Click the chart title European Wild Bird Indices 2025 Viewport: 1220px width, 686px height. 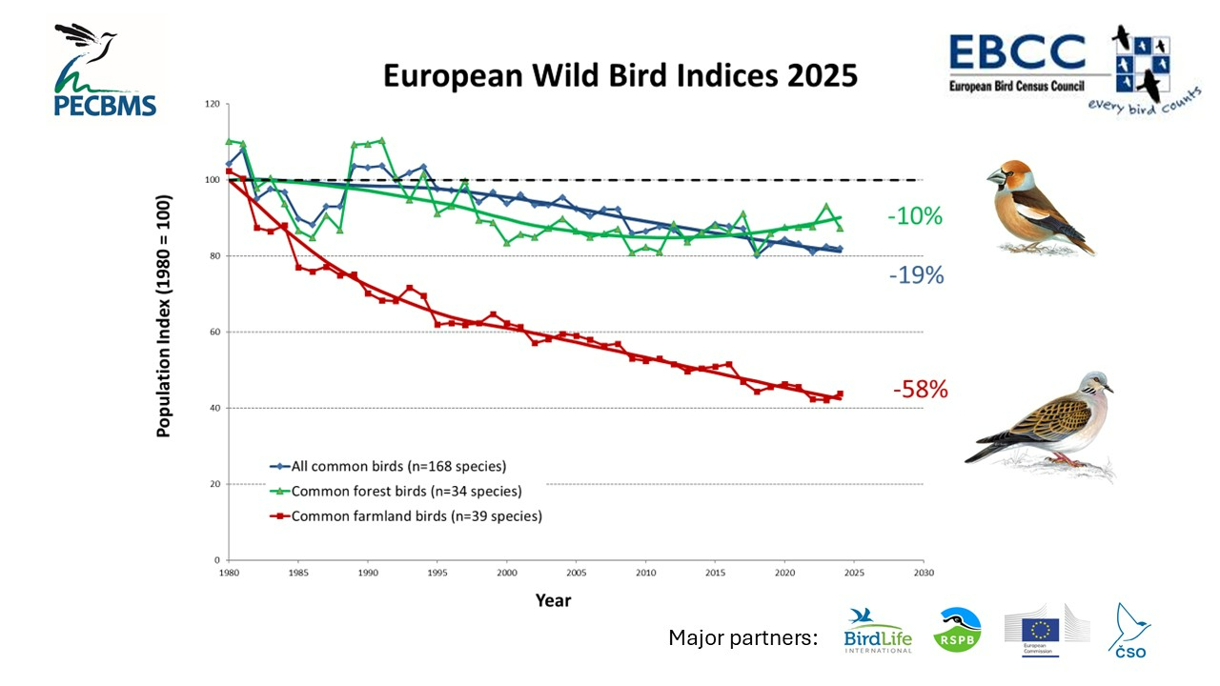tap(620, 75)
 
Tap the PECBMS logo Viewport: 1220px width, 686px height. tap(104, 71)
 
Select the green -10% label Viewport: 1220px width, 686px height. tap(914, 216)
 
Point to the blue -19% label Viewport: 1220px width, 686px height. tap(915, 275)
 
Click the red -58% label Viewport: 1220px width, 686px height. tap(920, 389)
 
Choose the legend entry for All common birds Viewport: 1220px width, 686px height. tap(398, 467)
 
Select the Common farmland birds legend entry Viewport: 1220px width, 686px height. tap(416, 516)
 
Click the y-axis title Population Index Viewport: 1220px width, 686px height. tap(163, 316)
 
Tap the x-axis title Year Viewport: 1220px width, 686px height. tap(553, 600)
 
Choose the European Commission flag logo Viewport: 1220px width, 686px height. tap(1039, 629)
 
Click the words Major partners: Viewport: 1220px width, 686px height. tap(743, 638)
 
